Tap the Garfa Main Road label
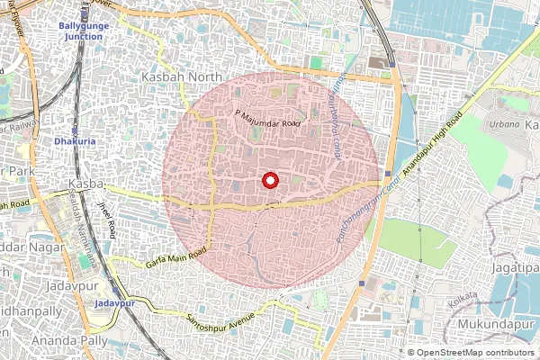pos(176,258)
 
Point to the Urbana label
pos(504,122)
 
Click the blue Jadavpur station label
pos(119,305)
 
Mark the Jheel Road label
pos(106,218)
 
